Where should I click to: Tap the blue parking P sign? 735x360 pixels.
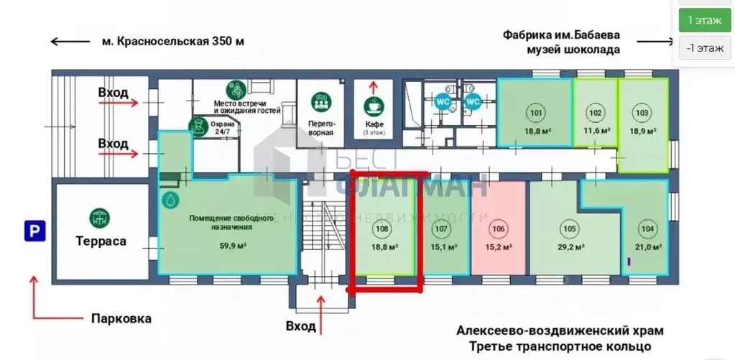[33, 231]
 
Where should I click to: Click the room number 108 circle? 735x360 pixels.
[383, 230]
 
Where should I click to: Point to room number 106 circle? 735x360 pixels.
[498, 230]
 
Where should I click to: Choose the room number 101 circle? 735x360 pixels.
[535, 113]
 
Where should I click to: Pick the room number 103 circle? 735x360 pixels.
[642, 113]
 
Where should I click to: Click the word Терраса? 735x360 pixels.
[101, 241]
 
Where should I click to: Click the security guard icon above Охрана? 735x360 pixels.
[195, 126]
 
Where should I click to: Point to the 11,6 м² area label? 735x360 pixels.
[596, 131]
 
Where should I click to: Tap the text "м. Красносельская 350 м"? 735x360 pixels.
[172, 41]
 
